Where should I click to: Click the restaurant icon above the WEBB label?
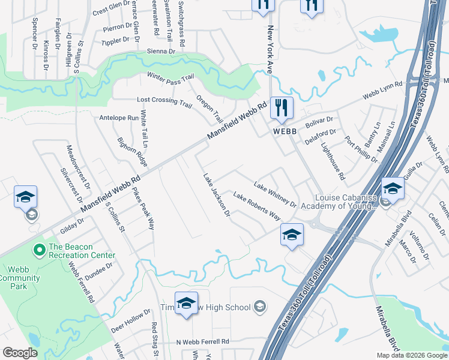coord(281,109)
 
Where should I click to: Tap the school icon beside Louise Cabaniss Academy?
coord(392,190)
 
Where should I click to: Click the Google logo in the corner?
coord(20,353)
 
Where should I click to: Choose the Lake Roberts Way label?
coord(256,206)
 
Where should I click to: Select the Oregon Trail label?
coord(210,109)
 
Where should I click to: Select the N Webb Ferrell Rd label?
coord(203,341)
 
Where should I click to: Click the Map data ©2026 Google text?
coord(412,355)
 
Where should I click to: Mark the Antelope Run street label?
coord(119,118)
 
